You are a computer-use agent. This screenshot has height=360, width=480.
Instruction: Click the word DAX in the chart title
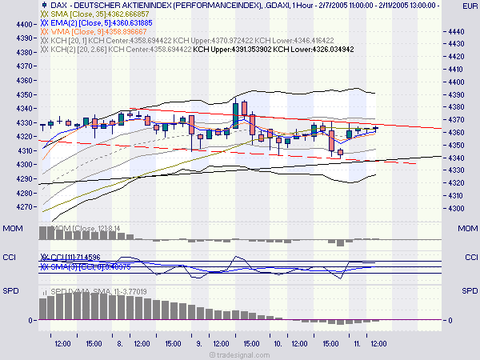pyautogui.click(x=46, y=5)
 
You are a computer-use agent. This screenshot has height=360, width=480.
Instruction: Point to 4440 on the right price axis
pyautogui.click(x=458, y=31)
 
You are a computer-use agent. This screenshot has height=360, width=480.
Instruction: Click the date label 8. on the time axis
pyautogui.click(x=119, y=343)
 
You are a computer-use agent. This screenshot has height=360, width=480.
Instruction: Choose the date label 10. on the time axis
pyautogui.click(x=276, y=343)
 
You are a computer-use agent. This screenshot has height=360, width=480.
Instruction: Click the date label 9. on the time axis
pyautogui.click(x=198, y=343)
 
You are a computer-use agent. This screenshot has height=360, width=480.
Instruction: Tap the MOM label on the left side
pyautogui.click(x=12, y=230)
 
